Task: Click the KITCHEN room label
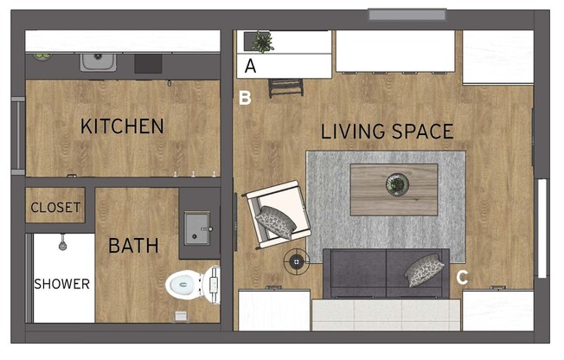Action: pos(122,126)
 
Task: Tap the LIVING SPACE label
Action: pos(387,132)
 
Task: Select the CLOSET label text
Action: pos(55,208)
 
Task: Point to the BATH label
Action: pos(133,247)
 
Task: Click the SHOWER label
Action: pos(61,284)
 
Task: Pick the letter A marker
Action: pos(251,66)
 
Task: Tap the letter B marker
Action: pos(246,98)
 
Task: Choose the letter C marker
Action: pos(462,278)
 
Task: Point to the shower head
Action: pos(63,244)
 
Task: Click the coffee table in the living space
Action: pos(394,189)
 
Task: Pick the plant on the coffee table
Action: pos(398,183)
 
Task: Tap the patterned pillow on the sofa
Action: pos(425,270)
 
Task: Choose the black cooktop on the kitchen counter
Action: pos(147,62)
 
